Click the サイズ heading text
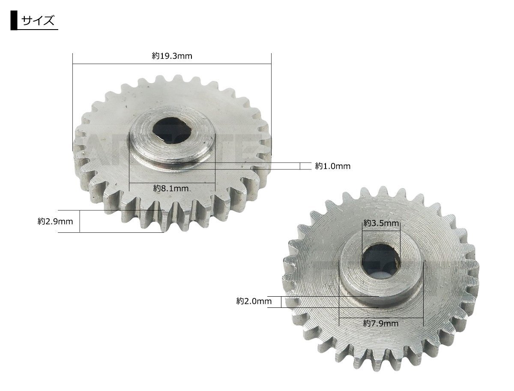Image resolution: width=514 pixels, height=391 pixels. click(x=38, y=21)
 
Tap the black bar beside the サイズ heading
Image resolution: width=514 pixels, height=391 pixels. click(x=14, y=21)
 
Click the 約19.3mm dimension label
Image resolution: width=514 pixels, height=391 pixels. click(x=172, y=56)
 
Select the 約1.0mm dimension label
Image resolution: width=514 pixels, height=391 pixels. click(x=332, y=166)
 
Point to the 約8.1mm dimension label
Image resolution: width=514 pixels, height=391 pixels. click(x=171, y=188)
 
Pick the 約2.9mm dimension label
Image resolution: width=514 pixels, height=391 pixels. click(x=55, y=221)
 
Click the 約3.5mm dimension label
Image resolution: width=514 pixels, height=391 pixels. click(x=381, y=223)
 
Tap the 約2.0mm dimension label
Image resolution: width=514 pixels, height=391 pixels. click(x=254, y=301)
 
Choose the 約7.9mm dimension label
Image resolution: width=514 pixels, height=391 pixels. click(x=381, y=324)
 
